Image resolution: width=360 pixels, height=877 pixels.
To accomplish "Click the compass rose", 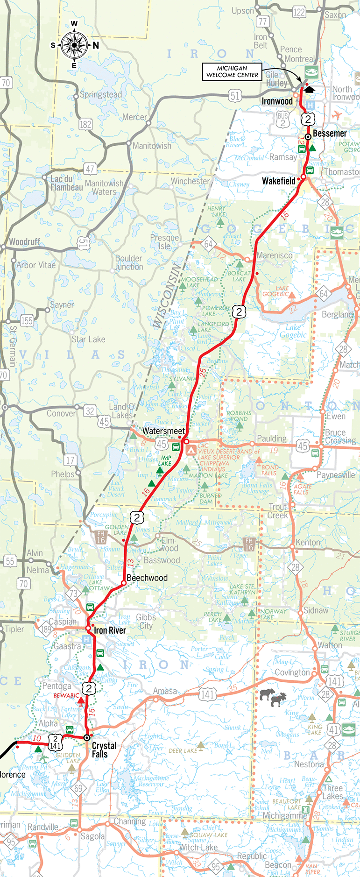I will (74, 45).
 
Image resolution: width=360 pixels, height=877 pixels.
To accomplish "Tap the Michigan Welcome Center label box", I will (232, 71).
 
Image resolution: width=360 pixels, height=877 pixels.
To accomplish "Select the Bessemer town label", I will (330, 134).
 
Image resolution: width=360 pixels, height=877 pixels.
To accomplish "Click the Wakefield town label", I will (279, 181).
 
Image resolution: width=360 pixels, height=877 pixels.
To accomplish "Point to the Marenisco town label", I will (275, 255).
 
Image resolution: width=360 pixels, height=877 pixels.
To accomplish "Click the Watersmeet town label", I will (163, 431).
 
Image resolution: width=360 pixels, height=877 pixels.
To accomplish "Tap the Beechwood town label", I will (147, 578).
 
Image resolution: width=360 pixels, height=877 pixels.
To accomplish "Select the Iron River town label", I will (110, 630).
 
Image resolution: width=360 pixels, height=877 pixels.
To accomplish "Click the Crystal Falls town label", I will (104, 750).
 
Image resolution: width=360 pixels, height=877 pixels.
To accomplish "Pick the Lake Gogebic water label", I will (293, 331).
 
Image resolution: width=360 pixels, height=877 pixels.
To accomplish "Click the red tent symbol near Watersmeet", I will (191, 450).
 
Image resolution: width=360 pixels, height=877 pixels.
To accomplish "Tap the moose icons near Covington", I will (272, 697).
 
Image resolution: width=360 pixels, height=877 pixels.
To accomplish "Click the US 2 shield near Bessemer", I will (308, 119).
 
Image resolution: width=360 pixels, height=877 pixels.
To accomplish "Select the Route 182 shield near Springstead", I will (85, 124).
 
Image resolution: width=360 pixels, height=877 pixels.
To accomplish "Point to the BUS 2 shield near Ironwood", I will (282, 120).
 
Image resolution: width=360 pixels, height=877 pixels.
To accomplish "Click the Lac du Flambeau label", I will (66, 183).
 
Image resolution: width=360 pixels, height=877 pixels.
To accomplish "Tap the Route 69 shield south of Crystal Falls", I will (78, 788).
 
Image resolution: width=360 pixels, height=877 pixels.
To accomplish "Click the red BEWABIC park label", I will (66, 695).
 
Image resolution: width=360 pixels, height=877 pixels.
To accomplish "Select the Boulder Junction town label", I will (129, 262).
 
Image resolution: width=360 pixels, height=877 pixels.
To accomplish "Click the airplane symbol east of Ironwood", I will (336, 115).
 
